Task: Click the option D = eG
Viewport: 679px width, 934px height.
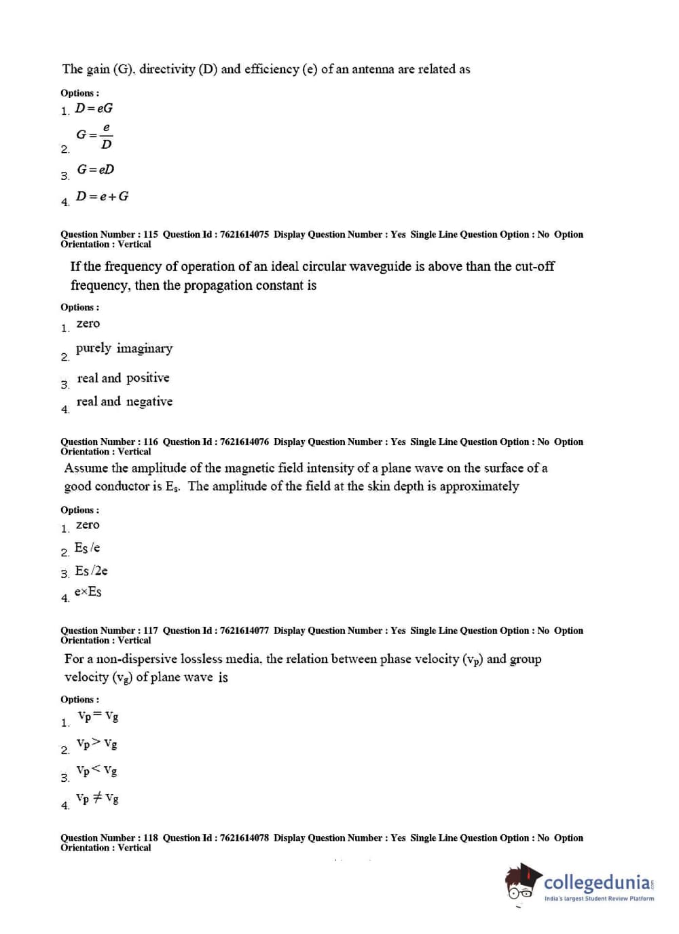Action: [94, 108]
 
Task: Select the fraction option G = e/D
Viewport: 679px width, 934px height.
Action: [94, 136]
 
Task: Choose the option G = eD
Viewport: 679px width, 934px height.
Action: [95, 169]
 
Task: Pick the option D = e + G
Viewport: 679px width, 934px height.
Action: [102, 196]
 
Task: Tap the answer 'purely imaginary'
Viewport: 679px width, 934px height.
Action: [124, 348]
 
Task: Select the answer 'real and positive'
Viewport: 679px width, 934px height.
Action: [123, 378]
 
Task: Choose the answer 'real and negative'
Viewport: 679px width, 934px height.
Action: [124, 401]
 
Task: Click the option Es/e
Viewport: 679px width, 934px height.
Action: [87, 547]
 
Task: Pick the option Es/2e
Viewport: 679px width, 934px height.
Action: [91, 571]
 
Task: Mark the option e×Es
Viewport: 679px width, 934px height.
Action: [88, 592]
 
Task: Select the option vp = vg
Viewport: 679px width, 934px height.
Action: [98, 716]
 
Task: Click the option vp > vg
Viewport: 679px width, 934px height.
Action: [96, 744]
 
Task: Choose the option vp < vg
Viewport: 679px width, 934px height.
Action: [96, 770]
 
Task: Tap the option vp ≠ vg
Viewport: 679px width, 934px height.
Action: [97, 798]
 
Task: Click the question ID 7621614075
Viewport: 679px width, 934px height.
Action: [244, 234]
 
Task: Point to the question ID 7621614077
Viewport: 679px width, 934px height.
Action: [244, 630]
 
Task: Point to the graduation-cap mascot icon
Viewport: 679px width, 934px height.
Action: [522, 883]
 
